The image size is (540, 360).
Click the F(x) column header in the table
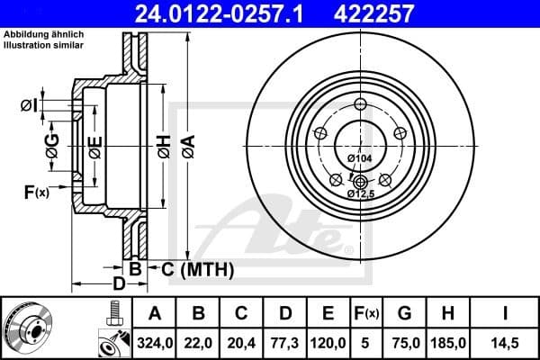coord(367,314)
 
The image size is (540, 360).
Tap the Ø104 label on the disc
coord(358,158)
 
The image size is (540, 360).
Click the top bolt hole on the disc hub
coord(360,103)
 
